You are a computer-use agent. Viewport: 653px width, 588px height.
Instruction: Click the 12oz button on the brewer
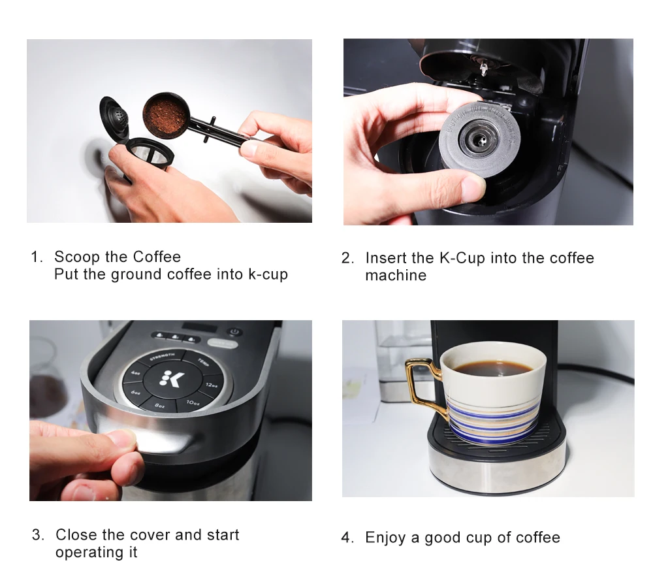[x=210, y=385]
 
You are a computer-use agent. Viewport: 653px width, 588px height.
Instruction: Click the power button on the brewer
[x=234, y=332]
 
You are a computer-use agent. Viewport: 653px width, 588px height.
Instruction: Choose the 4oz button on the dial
[x=135, y=372]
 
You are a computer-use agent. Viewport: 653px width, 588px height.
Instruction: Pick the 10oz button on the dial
[x=192, y=402]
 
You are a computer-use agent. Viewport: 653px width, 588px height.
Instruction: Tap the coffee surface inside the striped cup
[x=493, y=368]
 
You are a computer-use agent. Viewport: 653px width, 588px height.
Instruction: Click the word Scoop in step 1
[x=77, y=257]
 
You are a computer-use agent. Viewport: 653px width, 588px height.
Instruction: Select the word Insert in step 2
[x=385, y=258]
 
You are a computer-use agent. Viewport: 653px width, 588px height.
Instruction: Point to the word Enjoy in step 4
[x=385, y=538]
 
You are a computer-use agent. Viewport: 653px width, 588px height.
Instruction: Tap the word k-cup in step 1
[x=268, y=274]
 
